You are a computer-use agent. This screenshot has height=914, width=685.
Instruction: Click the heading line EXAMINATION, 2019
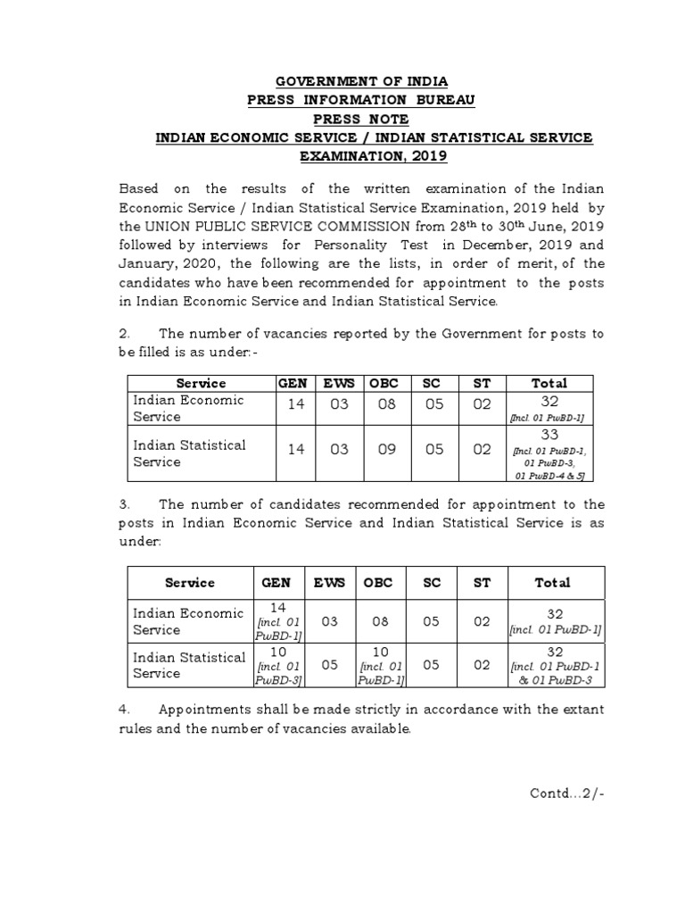pyautogui.click(x=374, y=155)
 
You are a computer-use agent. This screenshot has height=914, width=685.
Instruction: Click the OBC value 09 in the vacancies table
pyautogui.click(x=386, y=450)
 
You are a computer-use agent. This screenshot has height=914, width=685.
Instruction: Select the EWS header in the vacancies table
pyautogui.click(x=339, y=383)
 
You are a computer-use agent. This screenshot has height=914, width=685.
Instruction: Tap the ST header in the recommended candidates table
pyautogui.click(x=482, y=582)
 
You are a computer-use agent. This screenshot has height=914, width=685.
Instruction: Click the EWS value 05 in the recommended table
pyautogui.click(x=330, y=665)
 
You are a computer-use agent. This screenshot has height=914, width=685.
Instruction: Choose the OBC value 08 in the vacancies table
pyautogui.click(x=386, y=404)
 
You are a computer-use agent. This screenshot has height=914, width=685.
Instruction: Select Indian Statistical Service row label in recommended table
pyautogui.click(x=189, y=665)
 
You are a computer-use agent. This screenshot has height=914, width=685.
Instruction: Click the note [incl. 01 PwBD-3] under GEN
pyautogui.click(x=276, y=673)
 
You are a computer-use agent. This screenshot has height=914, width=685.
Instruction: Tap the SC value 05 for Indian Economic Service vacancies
pyautogui.click(x=434, y=404)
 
